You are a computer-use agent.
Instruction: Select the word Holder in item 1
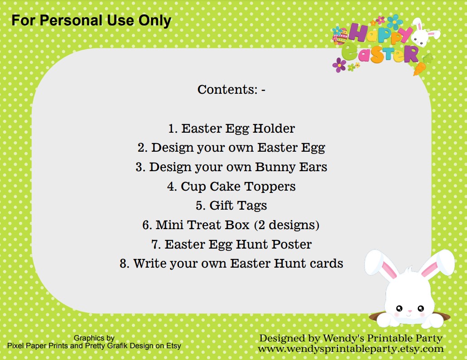coord(274,128)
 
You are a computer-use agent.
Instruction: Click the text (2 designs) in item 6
coord(287,225)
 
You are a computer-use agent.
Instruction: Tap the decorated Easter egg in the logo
coord(341,36)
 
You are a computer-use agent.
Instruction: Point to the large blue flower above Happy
coord(395,21)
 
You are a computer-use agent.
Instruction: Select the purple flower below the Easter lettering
coord(339,65)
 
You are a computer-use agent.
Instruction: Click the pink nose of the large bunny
coord(409,311)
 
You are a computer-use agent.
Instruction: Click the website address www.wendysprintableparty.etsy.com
coord(351,349)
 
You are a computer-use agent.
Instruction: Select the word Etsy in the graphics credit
coord(173,346)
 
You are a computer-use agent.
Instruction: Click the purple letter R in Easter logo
coord(411,54)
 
